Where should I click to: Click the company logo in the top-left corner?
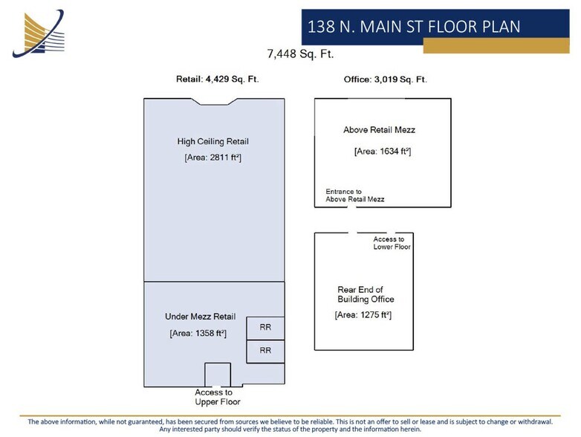[37, 33]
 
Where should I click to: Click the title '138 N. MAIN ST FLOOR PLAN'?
[414, 27]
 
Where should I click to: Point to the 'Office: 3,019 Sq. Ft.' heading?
[385, 80]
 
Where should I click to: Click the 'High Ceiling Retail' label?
[212, 141]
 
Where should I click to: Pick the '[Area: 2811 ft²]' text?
[212, 158]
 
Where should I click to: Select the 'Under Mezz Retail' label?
[200, 317]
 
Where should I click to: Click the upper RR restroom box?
[264, 326]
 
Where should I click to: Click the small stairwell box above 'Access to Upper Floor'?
[218, 375]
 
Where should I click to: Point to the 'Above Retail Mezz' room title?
[379, 130]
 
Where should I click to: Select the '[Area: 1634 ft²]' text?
[383, 152]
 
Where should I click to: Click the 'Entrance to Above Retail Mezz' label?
[354, 195]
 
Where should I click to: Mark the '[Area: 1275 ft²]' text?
[363, 315]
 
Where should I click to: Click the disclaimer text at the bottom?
[290, 425]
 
